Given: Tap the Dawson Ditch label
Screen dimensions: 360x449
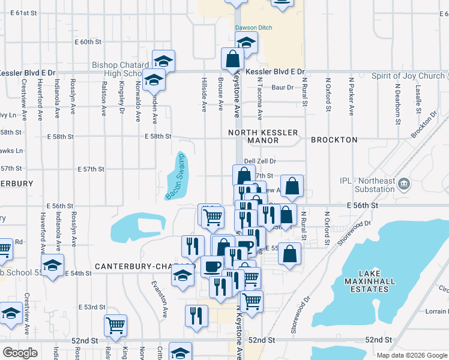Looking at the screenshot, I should coord(253,28).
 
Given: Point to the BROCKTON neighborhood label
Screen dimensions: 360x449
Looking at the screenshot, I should coord(334,140).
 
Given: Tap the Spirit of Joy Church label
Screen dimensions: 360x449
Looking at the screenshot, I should coord(408,76).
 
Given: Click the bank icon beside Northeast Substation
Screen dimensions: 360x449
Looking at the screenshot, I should coord(404,184).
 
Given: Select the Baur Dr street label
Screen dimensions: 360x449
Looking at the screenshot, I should coord(282,88).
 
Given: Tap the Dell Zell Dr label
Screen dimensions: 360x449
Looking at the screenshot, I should coord(260,161).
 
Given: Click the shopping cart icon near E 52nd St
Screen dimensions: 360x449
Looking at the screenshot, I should coord(115,326).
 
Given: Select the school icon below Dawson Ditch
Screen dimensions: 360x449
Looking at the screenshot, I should coord(246,43).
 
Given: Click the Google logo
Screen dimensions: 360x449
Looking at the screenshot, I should coord(20,352).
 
